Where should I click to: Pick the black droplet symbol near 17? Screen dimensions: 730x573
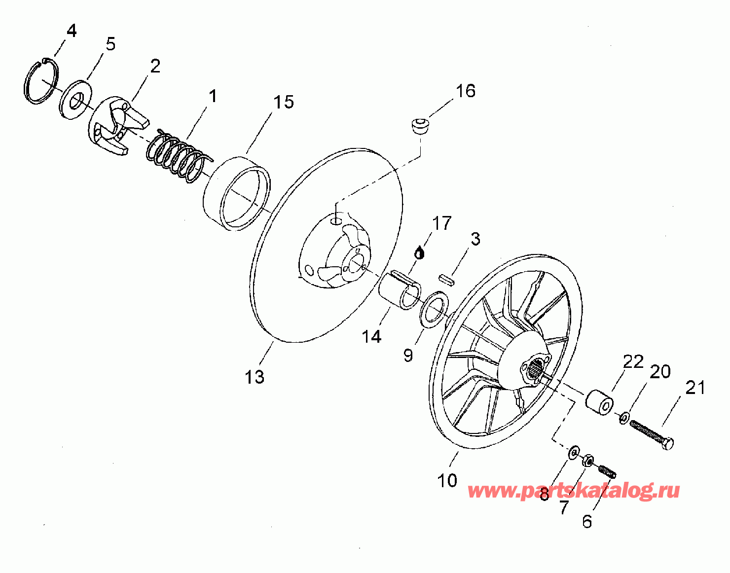[x=419, y=253]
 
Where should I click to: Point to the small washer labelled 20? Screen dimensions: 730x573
[x=624, y=419]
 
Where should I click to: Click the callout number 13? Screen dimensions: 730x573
[x=255, y=377]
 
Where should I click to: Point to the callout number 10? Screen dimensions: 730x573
[x=447, y=481]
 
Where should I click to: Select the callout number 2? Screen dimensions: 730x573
[x=155, y=66]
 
